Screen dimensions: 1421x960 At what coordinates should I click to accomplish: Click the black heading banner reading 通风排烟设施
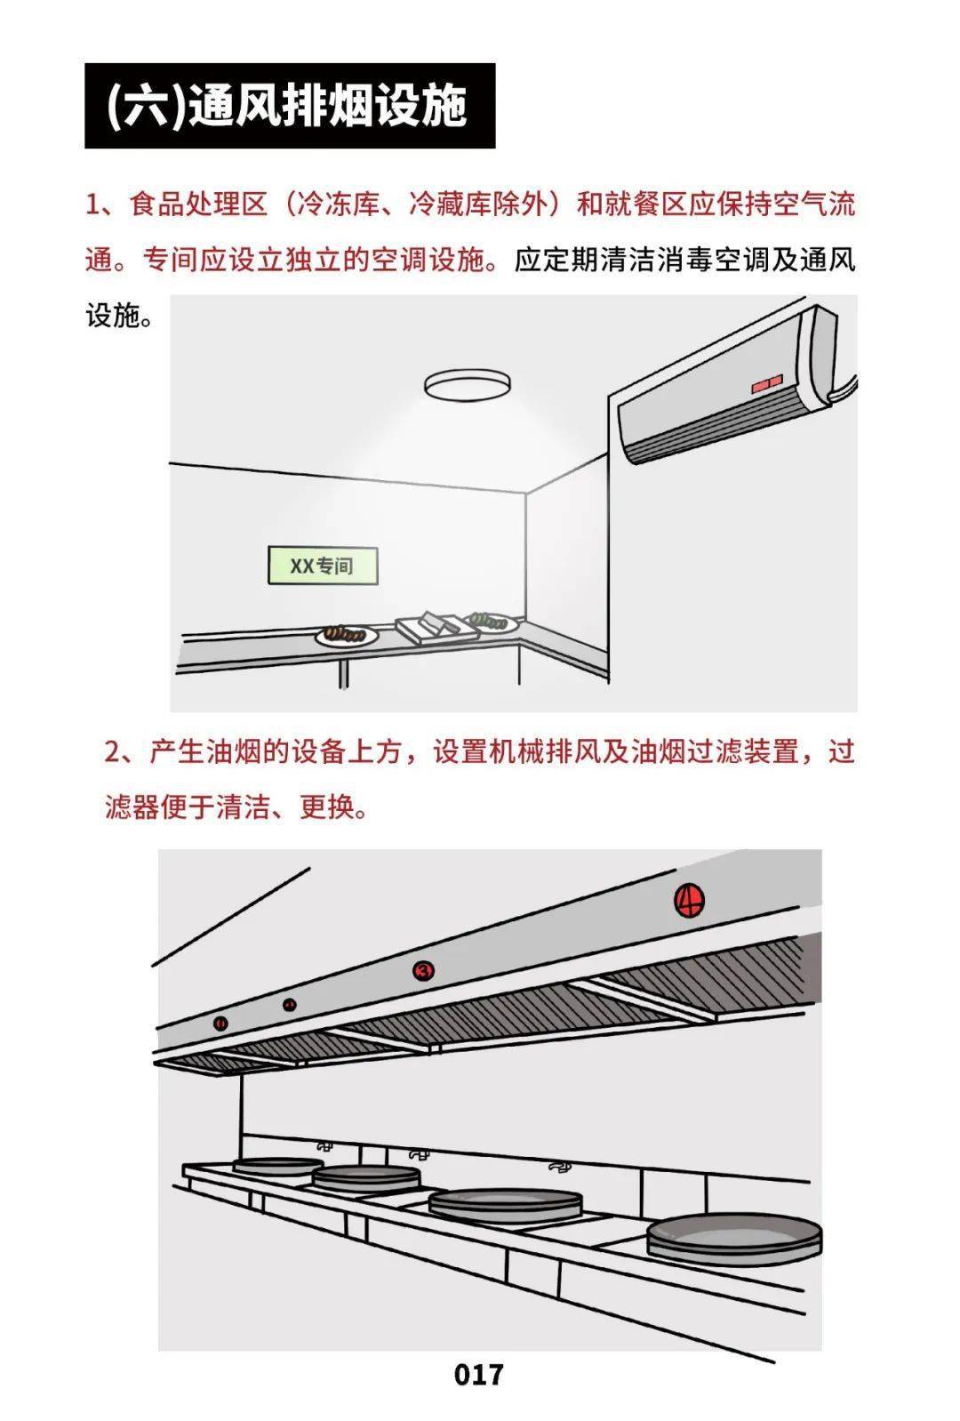[290, 106]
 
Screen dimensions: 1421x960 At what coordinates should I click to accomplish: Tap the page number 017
[478, 1374]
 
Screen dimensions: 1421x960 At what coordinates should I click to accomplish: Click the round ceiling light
[468, 386]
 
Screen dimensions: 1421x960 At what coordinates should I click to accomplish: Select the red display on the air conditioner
[766, 384]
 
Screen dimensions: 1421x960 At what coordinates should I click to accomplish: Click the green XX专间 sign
[323, 566]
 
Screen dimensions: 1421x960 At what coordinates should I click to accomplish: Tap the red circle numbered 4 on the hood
[690, 901]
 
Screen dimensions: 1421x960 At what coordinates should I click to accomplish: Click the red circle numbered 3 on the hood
[423, 971]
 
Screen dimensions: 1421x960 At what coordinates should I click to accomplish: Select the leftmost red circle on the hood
[220, 1024]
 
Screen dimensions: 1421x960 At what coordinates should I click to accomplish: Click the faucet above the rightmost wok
[558, 1166]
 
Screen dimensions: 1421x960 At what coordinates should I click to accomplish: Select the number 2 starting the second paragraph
[113, 752]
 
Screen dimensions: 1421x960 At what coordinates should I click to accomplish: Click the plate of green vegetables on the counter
[492, 620]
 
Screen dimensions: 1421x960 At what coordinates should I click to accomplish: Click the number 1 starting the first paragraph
[93, 205]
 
